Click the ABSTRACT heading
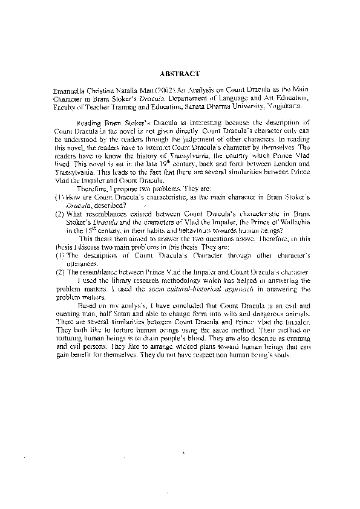coord(180,73)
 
